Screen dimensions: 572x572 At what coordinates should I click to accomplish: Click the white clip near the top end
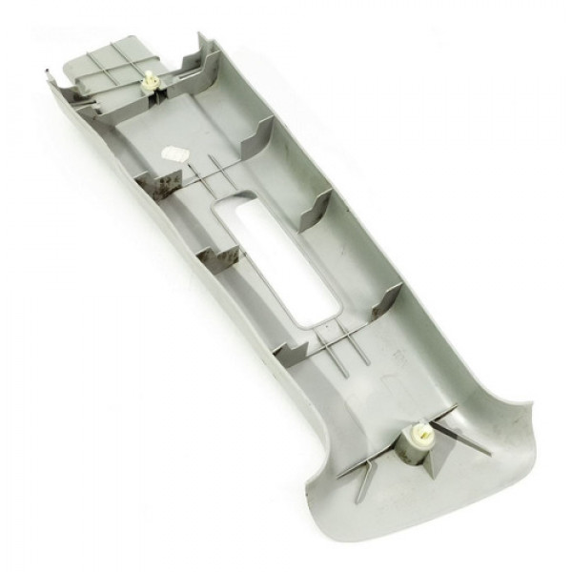[150, 83]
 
